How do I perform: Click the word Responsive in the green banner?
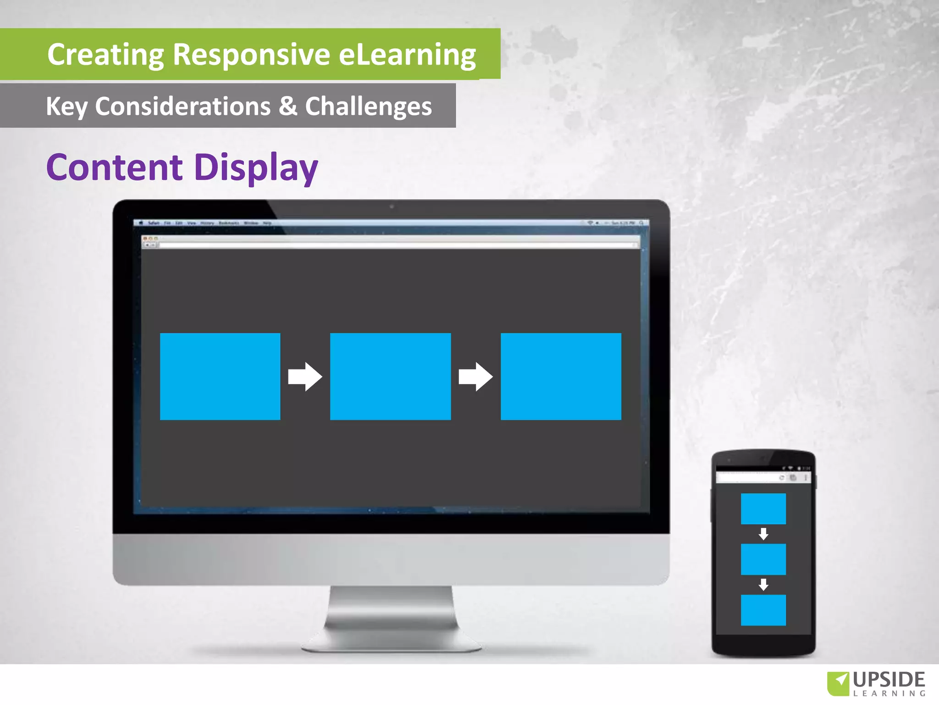click(x=251, y=55)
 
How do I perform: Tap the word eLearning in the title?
click(x=407, y=55)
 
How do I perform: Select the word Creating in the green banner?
click(x=105, y=55)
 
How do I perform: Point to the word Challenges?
click(x=369, y=106)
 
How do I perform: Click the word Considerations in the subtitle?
click(x=183, y=106)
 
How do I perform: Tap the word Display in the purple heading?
click(x=256, y=168)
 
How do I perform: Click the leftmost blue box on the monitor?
click(x=220, y=376)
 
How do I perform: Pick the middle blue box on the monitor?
click(x=390, y=376)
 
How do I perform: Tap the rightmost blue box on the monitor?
click(x=561, y=376)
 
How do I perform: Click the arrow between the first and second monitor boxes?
click(x=305, y=377)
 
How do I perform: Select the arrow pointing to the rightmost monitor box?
click(x=475, y=377)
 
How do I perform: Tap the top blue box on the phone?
click(x=763, y=509)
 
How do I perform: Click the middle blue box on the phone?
click(x=763, y=559)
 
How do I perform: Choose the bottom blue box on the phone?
click(x=763, y=610)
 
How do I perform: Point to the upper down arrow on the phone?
click(x=763, y=534)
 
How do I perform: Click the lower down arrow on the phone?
click(x=763, y=584)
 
